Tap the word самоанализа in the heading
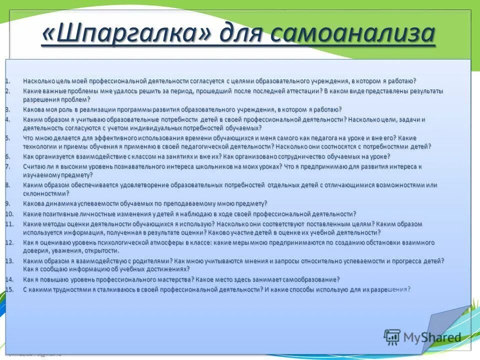[x=353, y=34]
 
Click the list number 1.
[x=7, y=81]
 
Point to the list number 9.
[x=7, y=203]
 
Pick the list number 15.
[x=9, y=289]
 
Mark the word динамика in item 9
[x=58, y=203]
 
